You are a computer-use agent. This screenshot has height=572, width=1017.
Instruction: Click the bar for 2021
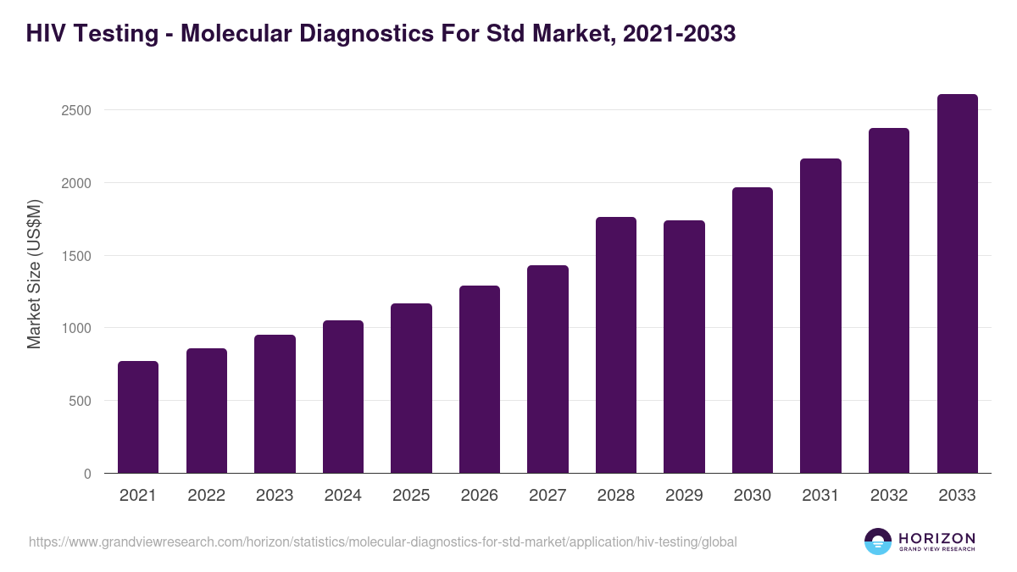pos(138,417)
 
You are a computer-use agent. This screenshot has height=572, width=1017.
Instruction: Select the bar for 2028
pos(616,345)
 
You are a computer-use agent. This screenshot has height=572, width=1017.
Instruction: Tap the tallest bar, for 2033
pos(958,284)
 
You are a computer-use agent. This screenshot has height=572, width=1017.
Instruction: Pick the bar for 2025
pos(411,388)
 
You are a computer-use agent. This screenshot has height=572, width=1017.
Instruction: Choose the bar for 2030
pos(753,330)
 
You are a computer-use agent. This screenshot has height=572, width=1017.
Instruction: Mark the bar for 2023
pos(275,404)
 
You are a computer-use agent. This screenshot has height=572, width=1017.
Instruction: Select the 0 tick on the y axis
pos(87,474)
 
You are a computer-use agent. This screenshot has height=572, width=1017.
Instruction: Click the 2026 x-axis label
pos(480,496)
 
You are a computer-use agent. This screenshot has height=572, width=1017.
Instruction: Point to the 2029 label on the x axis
pos(684,496)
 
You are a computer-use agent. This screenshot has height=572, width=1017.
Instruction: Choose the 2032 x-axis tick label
pos(889,496)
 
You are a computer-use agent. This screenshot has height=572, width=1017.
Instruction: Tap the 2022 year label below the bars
pos(206,496)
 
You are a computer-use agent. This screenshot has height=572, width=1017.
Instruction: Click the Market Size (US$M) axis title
pos(35,275)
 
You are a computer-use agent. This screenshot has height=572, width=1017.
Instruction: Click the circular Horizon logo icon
pos(878,541)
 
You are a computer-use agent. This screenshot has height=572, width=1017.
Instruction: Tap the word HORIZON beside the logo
pos(936,537)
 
